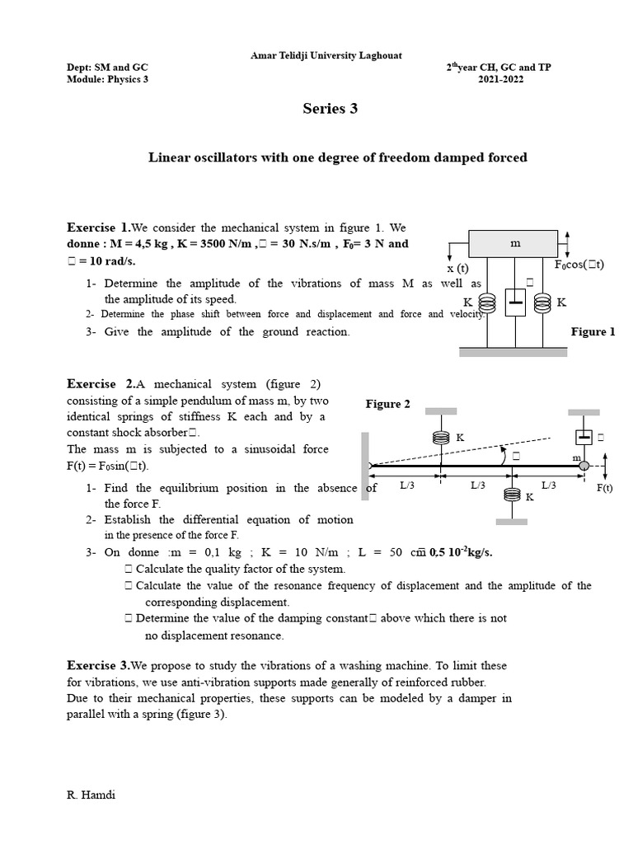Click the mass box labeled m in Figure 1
[515, 244]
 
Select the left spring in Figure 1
[487, 303]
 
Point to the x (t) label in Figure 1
[457, 268]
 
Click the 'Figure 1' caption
[593, 331]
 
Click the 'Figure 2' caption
[388, 404]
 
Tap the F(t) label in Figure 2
[605, 487]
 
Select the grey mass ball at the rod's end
[584, 467]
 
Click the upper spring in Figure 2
[441, 439]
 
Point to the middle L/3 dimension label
[478, 485]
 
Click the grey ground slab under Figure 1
[513, 352]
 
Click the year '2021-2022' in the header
[500, 79]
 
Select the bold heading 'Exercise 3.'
[98, 664]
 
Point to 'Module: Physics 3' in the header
[107, 79]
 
